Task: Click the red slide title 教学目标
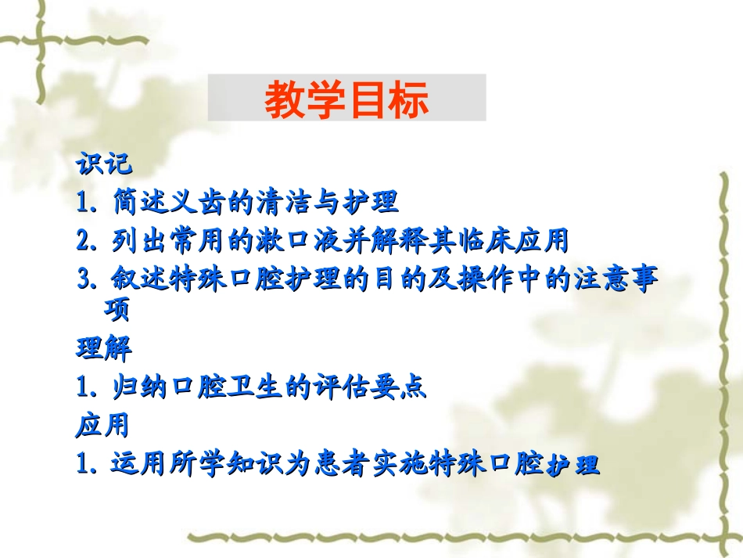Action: point(346,99)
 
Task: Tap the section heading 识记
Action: point(103,164)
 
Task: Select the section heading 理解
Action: point(103,347)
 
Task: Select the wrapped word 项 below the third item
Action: point(117,310)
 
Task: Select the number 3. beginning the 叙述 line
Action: point(86,280)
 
